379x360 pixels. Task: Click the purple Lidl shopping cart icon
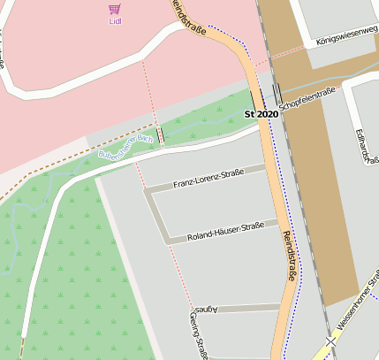[x=114, y=9]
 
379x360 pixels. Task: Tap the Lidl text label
[x=114, y=20]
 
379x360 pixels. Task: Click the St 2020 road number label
[x=262, y=114]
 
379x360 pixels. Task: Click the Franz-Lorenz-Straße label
[x=208, y=179]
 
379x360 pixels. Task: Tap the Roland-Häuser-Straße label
[x=225, y=231]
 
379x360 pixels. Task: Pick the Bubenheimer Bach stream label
[x=125, y=148]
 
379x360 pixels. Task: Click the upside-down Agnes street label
[x=204, y=310]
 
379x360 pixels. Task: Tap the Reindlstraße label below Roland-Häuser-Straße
[x=289, y=257]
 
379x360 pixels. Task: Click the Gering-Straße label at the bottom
[x=197, y=335]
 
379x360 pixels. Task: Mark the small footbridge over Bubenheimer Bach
[x=160, y=136]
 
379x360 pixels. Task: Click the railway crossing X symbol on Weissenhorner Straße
[x=330, y=341]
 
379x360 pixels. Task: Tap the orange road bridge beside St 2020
[x=255, y=98]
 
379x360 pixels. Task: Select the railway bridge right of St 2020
[x=277, y=93]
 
